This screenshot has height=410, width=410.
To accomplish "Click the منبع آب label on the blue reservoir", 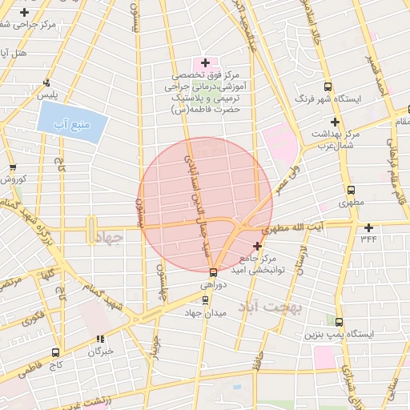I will tap(72, 123).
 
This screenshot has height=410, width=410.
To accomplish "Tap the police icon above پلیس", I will tap(46, 82).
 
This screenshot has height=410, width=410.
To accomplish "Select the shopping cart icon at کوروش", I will tap(12, 167).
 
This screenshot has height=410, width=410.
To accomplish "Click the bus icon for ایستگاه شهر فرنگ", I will tap(327, 86).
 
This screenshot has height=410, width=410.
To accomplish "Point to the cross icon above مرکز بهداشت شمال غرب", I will tap(335, 122).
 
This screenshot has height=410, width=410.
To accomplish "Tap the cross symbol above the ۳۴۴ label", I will tap(368, 227).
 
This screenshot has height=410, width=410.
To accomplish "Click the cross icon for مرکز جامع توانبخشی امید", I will tap(257, 246).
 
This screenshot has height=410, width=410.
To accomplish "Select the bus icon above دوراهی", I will tap(212, 272).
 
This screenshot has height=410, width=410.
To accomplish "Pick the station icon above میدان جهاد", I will tap(206, 301).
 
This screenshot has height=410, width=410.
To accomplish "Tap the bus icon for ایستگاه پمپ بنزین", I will tap(339, 322).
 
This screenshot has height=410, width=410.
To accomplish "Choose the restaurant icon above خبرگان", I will tap(100, 340).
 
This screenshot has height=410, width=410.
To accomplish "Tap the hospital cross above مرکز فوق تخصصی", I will tap(206, 62).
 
